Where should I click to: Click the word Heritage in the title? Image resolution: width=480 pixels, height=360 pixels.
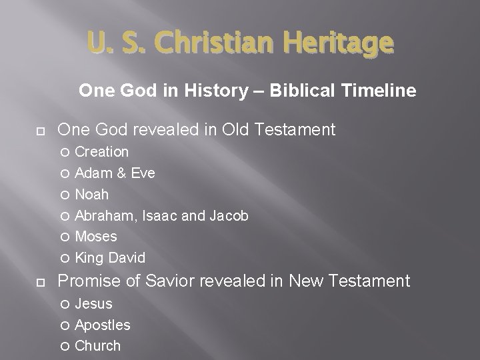tap(338, 43)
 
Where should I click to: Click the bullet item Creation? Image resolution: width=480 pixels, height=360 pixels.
tap(101, 152)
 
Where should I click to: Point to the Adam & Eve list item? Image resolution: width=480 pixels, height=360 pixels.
tap(115, 173)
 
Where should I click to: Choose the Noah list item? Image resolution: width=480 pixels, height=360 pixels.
tap(91, 195)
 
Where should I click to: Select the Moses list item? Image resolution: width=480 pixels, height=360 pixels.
tap(96, 237)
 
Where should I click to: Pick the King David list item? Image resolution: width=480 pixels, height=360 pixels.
tap(110, 258)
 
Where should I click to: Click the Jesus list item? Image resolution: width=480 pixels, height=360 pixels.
tap(93, 304)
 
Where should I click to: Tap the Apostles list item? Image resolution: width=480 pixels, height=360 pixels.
tap(103, 325)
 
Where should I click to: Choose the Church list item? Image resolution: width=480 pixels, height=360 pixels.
tap(98, 346)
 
